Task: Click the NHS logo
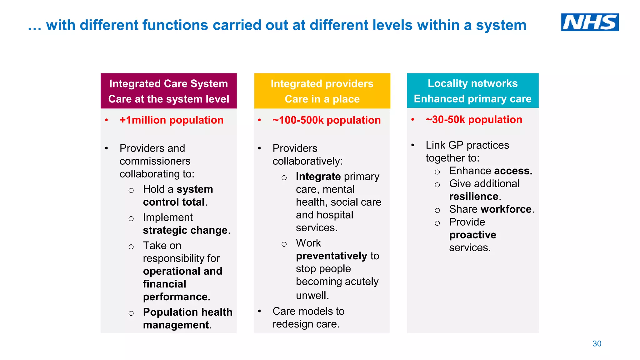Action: coord(589,22)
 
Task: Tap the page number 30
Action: coord(597,343)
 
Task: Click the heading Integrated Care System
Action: coord(168,83)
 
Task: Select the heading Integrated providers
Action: coord(322,83)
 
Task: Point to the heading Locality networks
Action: coord(472,83)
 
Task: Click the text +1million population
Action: coord(171,120)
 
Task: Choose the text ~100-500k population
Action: coord(326,120)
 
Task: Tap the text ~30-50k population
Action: coord(474,119)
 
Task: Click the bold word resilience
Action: coord(474,196)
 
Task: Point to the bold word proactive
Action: coord(472,235)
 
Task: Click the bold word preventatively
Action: coord(332,256)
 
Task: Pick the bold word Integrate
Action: coord(318,177)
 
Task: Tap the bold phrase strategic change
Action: coord(185,230)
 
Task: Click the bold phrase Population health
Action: coord(187,312)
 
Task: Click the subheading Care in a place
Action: coord(322,99)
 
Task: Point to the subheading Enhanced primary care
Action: coord(472,99)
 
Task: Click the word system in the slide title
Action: coord(501,25)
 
